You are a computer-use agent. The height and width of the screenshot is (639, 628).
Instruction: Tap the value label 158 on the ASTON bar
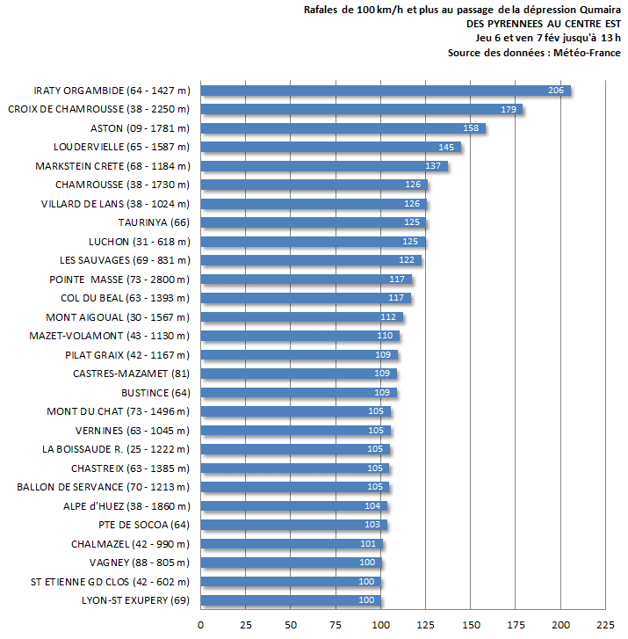pyautogui.click(x=471, y=128)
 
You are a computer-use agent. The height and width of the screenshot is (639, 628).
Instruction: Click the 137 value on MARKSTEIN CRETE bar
pyautogui.click(x=433, y=166)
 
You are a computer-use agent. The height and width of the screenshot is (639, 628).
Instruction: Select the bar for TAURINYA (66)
pyautogui.click(x=313, y=222)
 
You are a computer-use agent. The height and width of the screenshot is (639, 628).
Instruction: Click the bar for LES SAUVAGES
pyautogui.click(x=310, y=260)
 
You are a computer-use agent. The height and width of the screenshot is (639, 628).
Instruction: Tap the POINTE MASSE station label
pyautogui.click(x=119, y=280)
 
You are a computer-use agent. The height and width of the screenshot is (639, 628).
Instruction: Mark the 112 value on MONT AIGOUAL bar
pyautogui.click(x=388, y=317)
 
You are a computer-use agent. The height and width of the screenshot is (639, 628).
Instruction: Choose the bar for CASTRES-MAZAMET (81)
pyautogui.click(x=299, y=374)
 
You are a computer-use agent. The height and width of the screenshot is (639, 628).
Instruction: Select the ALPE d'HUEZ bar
pyautogui.click(x=293, y=506)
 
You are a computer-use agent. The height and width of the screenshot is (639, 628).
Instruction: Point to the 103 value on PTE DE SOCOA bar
pyautogui.click(x=372, y=525)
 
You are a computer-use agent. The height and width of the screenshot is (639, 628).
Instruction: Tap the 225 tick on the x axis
pyautogui.click(x=605, y=624)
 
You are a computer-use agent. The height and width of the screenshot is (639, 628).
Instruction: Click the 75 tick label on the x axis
pyautogui.click(x=336, y=624)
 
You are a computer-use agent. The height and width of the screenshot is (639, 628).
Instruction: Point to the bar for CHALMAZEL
pyautogui.click(x=291, y=544)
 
